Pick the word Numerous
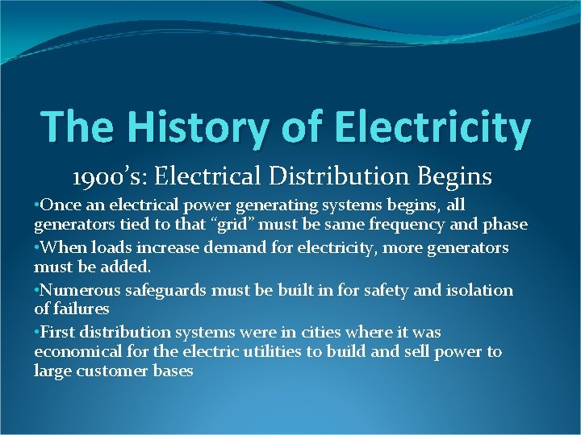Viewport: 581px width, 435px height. tap(77, 290)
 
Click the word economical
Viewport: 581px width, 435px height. tap(77, 352)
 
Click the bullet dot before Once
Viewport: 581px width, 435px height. tap(37, 205)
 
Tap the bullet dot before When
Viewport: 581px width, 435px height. tap(37, 247)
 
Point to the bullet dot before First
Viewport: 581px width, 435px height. tap(37, 332)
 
